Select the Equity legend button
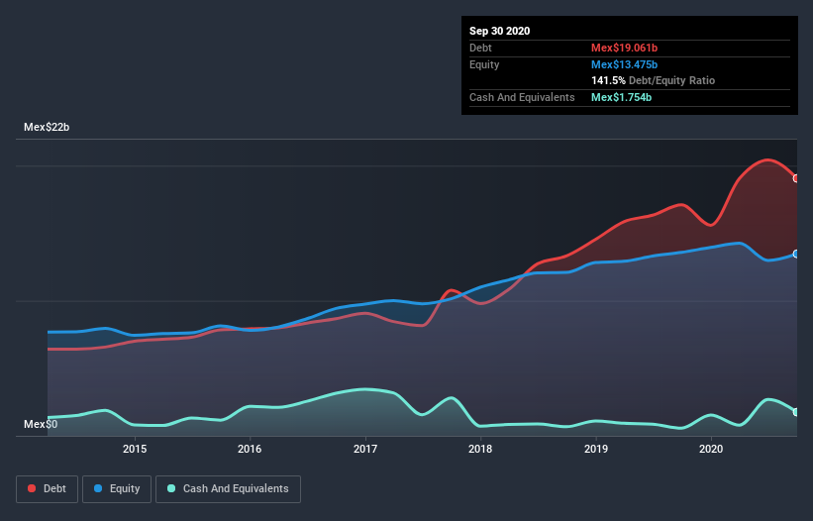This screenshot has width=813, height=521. click(117, 488)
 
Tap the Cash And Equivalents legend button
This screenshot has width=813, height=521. click(228, 488)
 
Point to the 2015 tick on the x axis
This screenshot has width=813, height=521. click(135, 449)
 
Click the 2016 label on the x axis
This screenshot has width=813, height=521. click(250, 449)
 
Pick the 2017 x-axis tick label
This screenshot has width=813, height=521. click(365, 449)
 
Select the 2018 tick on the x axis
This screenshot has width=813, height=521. click(480, 449)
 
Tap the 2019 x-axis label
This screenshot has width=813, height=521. click(596, 449)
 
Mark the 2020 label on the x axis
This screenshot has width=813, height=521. click(711, 449)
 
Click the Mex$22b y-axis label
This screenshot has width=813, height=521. click(47, 128)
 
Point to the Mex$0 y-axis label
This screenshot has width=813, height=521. click(41, 425)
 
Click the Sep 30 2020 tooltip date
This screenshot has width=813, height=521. click(500, 31)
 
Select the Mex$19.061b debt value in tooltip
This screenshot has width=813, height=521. click(624, 48)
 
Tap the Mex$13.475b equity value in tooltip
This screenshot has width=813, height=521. click(624, 64)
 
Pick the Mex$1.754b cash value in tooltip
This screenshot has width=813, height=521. click(621, 97)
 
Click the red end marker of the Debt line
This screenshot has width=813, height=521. click(796, 178)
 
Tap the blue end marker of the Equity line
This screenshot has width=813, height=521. click(796, 254)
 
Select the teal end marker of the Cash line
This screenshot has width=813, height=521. click(796, 412)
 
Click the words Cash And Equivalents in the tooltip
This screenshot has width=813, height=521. click(522, 97)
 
